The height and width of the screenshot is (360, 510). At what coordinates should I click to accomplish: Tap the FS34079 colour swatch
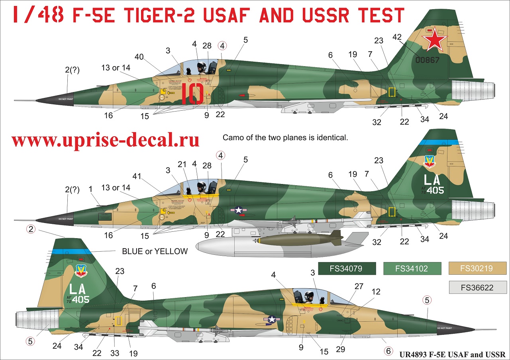pyautogui.click(x=346, y=268)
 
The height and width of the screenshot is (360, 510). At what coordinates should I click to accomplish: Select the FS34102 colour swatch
pyautogui.click(x=412, y=268)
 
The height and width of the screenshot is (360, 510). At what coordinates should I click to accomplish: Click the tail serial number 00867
pyautogui.click(x=427, y=61)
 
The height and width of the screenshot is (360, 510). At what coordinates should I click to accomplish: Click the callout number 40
pyautogui.click(x=139, y=57)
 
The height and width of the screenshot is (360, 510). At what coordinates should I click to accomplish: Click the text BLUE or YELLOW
pyautogui.click(x=155, y=251)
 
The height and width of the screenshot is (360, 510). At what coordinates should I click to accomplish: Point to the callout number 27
pyautogui.click(x=359, y=286)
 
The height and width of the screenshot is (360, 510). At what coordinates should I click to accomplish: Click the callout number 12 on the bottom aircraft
pyautogui.click(x=376, y=292)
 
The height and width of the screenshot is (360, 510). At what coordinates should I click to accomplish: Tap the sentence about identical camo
pyautogui.click(x=285, y=138)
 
